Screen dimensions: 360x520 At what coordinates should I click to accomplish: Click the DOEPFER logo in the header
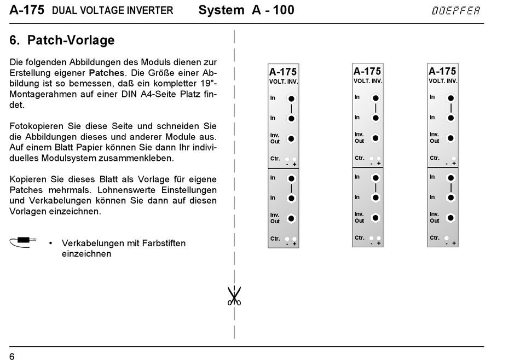pyautogui.click(x=455, y=10)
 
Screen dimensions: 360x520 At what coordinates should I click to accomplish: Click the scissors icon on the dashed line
pyautogui.click(x=234, y=296)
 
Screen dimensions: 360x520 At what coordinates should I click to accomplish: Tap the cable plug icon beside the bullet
pyautogui.click(x=22, y=241)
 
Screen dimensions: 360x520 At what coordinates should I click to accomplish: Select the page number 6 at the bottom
pyautogui.click(x=12, y=357)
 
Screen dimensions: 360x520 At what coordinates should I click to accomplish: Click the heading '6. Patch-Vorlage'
pyautogui.click(x=62, y=40)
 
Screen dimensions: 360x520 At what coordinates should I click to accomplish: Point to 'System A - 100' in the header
pyautogui.click(x=246, y=10)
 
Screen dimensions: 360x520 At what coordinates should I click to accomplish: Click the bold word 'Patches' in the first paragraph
pyautogui.click(x=107, y=72)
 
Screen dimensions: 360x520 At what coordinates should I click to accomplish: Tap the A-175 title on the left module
pyautogui.click(x=283, y=72)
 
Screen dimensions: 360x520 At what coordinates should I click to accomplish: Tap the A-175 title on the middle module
pyautogui.click(x=367, y=71)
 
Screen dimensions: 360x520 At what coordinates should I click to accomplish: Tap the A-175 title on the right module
pyautogui.click(x=442, y=71)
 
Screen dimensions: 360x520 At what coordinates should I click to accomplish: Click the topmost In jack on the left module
pyautogui.click(x=291, y=99)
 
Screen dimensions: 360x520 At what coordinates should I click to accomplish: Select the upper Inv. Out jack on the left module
pyautogui.click(x=291, y=138)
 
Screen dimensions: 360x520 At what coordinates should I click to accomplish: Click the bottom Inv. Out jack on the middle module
pyautogui.click(x=375, y=218)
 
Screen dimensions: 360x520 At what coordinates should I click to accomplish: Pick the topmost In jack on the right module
pyautogui.click(x=450, y=98)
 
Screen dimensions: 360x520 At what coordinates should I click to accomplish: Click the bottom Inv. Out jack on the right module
pyautogui.click(x=450, y=218)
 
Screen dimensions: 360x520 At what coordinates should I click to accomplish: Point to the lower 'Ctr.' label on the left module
pyautogui.click(x=275, y=239)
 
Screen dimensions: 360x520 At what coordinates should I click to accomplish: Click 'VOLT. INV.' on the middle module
pyautogui.click(x=367, y=82)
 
